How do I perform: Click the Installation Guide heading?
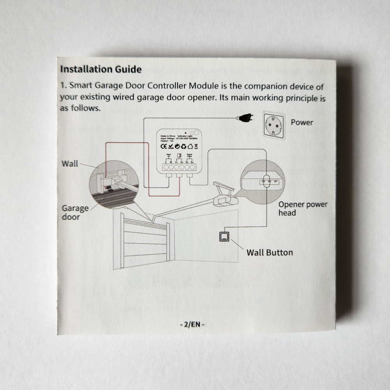(x=101, y=69)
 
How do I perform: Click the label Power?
(x=302, y=122)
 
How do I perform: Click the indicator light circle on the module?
(x=192, y=133)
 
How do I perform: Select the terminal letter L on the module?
(x=166, y=161)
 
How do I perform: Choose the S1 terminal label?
(x=177, y=161)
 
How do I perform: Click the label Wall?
(x=70, y=164)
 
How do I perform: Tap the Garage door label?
(x=75, y=213)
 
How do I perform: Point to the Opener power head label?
(x=303, y=208)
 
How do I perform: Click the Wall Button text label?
(x=269, y=252)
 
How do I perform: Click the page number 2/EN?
(x=192, y=324)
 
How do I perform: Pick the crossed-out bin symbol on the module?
(x=196, y=146)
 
